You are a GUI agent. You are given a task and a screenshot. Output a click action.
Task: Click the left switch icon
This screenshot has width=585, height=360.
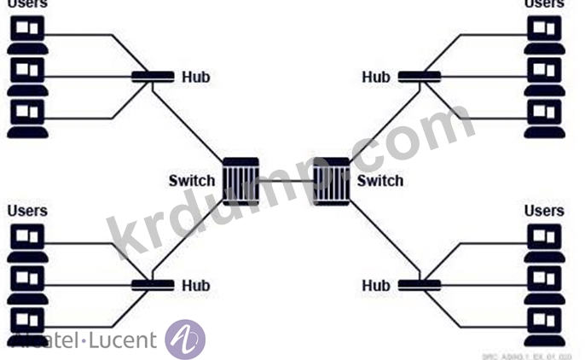pos(240,180)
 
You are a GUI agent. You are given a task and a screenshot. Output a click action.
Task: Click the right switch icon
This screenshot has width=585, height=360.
pos(331,180)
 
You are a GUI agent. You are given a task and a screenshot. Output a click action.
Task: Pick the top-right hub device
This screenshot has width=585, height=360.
pos(419,78)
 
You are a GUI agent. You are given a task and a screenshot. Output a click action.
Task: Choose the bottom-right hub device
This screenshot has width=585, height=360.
pos(419,285)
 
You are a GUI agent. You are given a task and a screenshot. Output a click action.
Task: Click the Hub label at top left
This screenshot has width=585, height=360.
pos(195,78)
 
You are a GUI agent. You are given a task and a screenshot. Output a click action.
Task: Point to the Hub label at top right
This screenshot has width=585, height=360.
pos(376,78)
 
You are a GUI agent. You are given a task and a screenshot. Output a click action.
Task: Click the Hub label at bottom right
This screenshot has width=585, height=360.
pos(376,286)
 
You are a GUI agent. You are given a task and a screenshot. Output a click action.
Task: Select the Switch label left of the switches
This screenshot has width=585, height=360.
pos(192,180)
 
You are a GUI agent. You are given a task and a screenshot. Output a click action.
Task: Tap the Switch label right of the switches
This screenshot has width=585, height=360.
pos(380,181)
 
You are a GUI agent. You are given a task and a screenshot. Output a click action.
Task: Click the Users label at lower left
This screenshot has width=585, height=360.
pos(28,211)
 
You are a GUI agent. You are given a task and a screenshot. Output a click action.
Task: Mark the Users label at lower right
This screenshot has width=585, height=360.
pos(544,211)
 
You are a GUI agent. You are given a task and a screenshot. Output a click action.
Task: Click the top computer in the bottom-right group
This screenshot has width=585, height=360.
pos(544,239)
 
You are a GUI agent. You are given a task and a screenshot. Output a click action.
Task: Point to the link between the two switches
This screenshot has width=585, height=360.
pos(286,181)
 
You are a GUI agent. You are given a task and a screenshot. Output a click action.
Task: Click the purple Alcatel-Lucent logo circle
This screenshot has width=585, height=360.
pos(184,339)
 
